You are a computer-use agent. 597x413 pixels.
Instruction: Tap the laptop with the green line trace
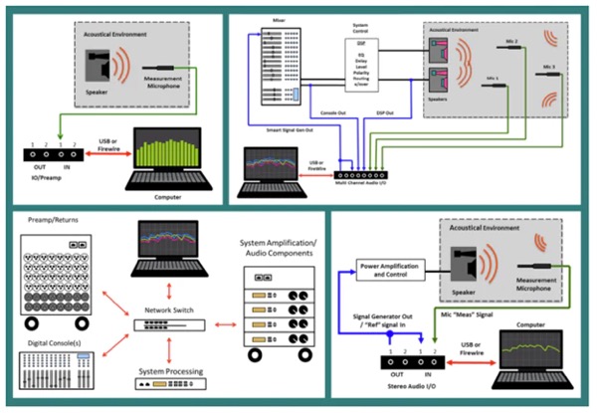pos(531,353)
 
